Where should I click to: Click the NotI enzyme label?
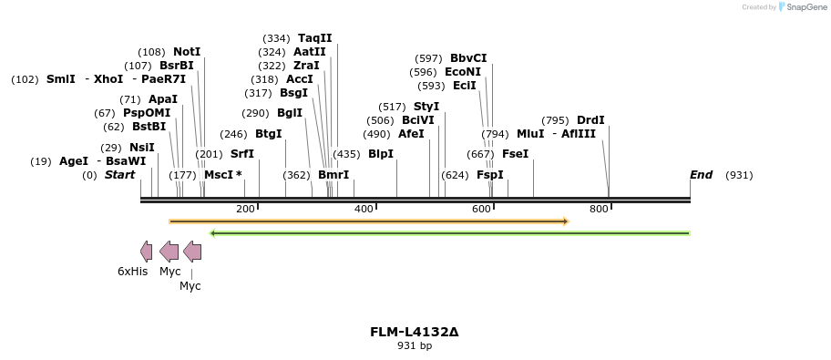coord(187,52)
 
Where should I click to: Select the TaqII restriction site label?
coord(315,38)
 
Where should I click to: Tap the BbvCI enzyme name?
coord(468,58)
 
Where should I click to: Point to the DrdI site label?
coord(590,120)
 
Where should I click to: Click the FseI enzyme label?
coord(515,154)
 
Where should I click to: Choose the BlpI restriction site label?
coord(381,154)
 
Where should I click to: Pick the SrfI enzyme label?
coord(242,154)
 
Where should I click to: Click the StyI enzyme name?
coord(426,107)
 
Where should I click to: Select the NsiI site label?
coord(141,148)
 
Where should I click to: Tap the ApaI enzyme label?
coord(163,99)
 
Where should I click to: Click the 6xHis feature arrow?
coord(146,252)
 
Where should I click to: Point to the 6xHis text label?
coord(132,272)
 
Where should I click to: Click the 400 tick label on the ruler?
coord(364,210)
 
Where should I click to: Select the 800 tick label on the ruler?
coord(599,210)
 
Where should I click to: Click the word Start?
coord(119,175)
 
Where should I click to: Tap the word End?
coord(701,175)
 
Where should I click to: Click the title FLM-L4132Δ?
coord(415,332)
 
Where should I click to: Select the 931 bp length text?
coord(415,346)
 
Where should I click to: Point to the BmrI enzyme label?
coord(333,175)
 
